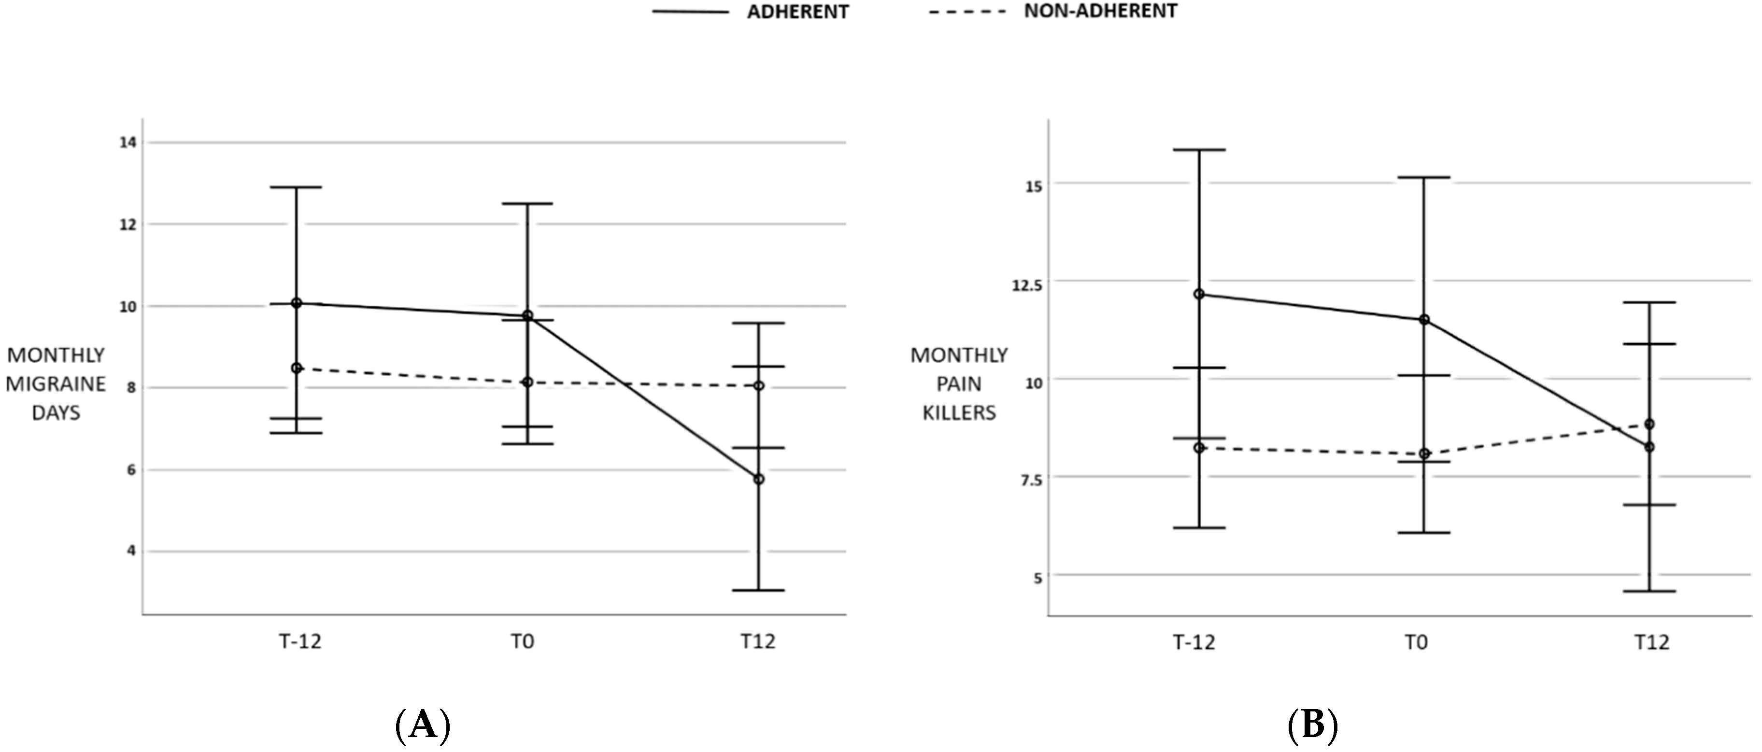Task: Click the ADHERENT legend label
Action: tap(797, 12)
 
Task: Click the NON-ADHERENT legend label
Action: tap(1100, 11)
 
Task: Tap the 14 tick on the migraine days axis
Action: tap(128, 142)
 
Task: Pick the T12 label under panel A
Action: tap(758, 642)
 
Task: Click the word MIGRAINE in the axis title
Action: tap(56, 384)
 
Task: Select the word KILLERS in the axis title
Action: tap(959, 412)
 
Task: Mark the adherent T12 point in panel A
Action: tap(759, 479)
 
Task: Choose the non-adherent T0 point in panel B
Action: tap(1424, 454)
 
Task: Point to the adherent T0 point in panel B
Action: tap(1424, 320)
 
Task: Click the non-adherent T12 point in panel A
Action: tap(759, 386)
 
